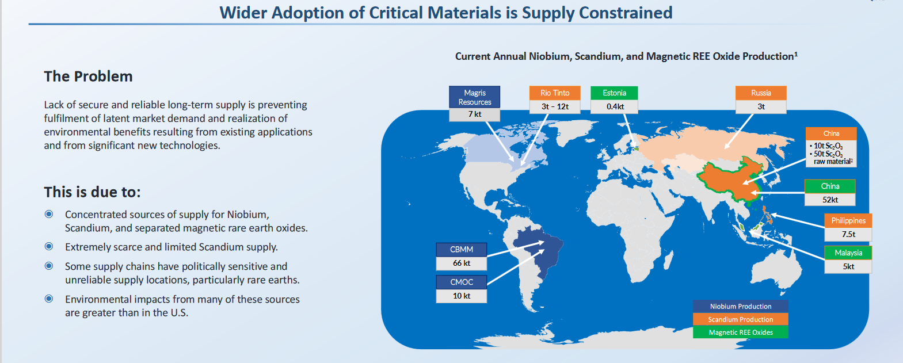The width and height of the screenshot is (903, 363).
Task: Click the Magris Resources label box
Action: pyautogui.click(x=474, y=97)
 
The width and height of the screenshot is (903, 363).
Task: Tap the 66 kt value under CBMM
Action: pyautogui.click(x=461, y=263)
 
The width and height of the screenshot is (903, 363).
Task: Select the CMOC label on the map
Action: pyautogui.click(x=461, y=282)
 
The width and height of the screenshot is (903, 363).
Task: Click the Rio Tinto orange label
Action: pyautogui.click(x=555, y=93)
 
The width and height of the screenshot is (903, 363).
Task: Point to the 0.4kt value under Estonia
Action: pyautogui.click(x=614, y=107)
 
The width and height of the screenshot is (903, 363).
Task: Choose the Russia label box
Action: pyautogui.click(x=761, y=93)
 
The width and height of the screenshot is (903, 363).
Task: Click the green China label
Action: pyautogui.click(x=830, y=186)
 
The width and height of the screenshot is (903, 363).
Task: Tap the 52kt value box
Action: pyautogui.click(x=830, y=200)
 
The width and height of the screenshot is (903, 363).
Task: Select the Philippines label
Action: pyautogui.click(x=848, y=220)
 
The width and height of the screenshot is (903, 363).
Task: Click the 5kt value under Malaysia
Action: pyautogui.click(x=848, y=266)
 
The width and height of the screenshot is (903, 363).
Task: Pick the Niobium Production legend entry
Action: pyautogui.click(x=741, y=306)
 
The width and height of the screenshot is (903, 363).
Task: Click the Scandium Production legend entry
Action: pyautogui.click(x=741, y=319)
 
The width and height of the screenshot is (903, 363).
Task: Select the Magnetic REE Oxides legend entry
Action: pyautogui.click(x=741, y=332)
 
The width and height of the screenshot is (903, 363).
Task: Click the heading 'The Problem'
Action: pyautogui.click(x=88, y=76)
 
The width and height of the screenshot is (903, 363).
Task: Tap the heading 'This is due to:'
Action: pyautogui.click(x=92, y=192)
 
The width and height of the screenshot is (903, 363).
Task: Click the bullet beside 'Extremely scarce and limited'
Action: pyautogui.click(x=49, y=246)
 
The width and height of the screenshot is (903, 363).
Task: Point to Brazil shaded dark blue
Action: pyautogui.click(x=538, y=250)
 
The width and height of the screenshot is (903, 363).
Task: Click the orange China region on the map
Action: pyautogui.click(x=730, y=181)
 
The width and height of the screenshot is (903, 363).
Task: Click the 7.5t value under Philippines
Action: pyautogui.click(x=848, y=234)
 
